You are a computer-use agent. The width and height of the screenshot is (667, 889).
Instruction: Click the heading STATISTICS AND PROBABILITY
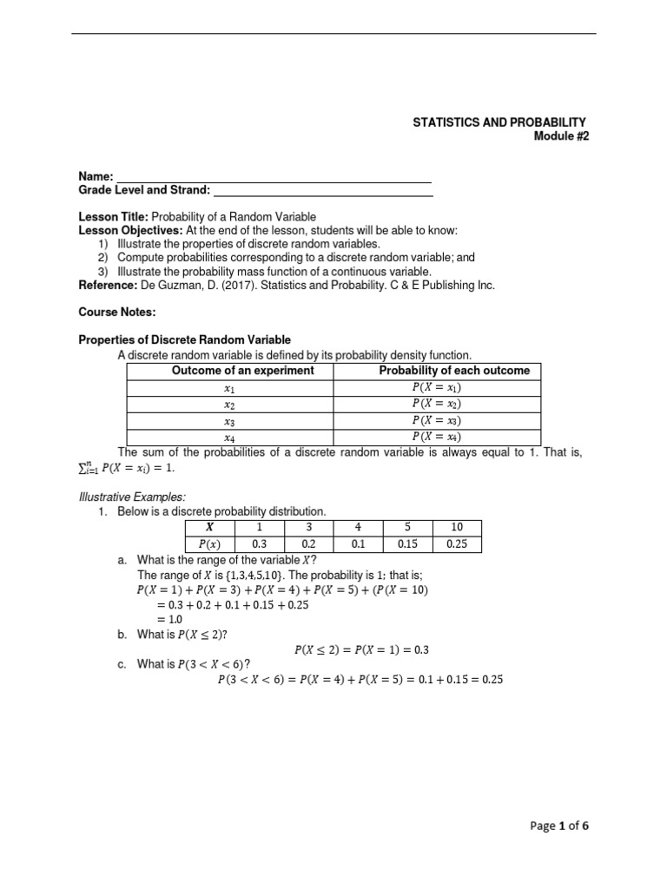499,122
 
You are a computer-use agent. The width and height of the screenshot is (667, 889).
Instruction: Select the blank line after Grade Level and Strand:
322,190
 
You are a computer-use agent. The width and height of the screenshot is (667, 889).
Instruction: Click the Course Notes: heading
117,312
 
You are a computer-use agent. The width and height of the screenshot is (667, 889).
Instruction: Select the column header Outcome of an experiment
230,371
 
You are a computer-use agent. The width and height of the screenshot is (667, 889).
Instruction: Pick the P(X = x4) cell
437,437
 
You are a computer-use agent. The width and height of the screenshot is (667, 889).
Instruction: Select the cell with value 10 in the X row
458,528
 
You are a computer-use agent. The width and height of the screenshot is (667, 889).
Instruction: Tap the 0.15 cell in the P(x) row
408,544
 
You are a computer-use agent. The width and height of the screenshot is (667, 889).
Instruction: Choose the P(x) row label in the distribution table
209,544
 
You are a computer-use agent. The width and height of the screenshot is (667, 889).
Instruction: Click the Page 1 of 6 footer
559,826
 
